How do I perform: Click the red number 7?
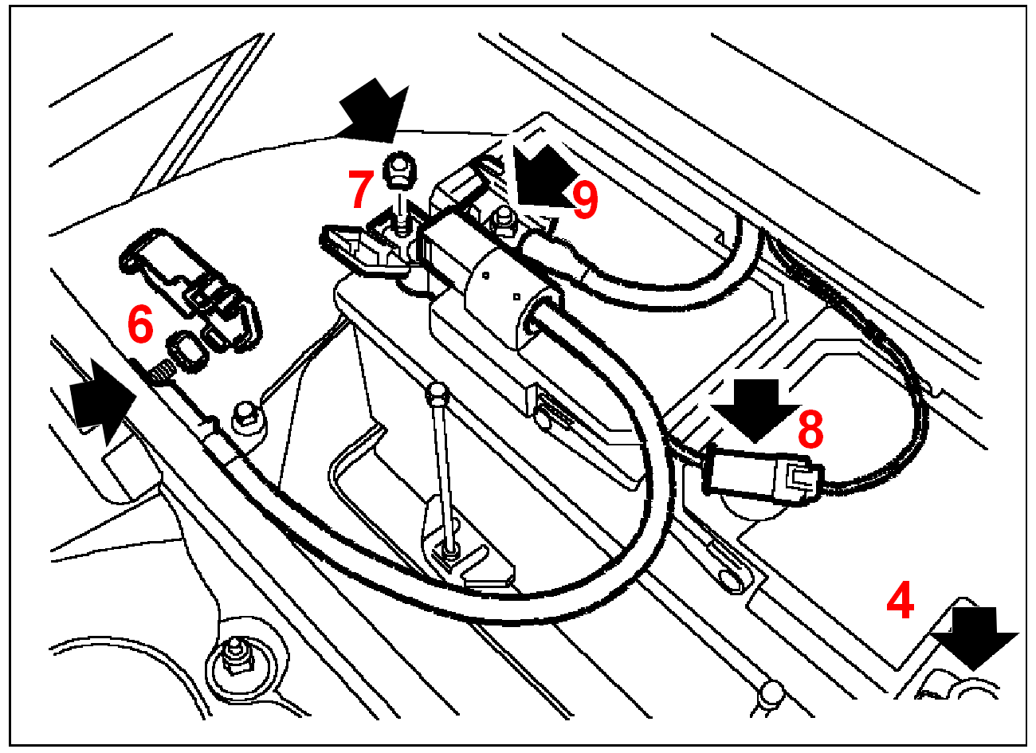[360, 190]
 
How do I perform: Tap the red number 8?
[810, 430]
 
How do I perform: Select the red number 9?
[585, 201]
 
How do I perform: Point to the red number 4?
[901, 602]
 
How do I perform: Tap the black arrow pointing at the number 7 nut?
[373, 112]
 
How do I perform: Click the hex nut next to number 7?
[396, 169]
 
